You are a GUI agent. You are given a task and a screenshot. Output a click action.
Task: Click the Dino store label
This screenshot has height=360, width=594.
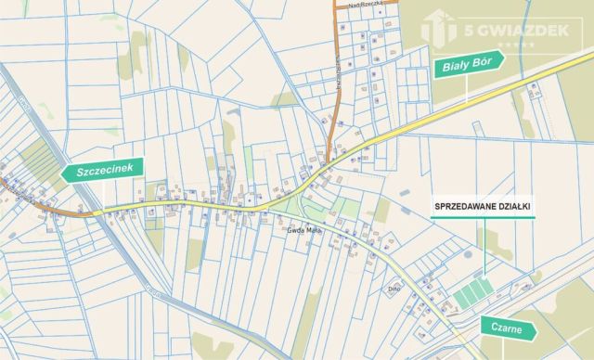(x=393, y=289)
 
